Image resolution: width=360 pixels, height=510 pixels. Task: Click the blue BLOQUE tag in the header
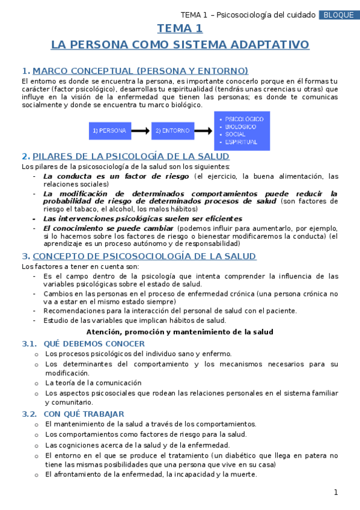click(338, 15)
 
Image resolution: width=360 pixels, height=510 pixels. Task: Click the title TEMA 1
click(180, 28)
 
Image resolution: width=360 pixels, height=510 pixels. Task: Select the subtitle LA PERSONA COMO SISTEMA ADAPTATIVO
click(180, 45)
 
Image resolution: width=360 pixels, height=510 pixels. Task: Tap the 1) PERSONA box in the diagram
click(109, 130)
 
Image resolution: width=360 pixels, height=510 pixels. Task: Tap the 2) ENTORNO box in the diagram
click(172, 130)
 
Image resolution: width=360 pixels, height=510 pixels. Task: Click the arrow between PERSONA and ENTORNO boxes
click(140, 130)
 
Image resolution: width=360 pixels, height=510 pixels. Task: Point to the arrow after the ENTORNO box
click(204, 130)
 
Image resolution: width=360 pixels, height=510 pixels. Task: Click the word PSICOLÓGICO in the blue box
click(243, 119)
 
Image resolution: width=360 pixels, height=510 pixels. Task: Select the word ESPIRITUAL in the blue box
click(240, 143)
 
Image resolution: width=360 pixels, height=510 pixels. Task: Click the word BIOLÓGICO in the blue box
click(241, 127)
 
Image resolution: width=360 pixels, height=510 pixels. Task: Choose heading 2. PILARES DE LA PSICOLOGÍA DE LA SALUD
click(125, 156)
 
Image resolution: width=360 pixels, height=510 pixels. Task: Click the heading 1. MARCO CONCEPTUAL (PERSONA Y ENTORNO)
click(135, 70)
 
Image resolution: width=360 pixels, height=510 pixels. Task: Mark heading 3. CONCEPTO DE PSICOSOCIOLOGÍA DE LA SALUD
click(139, 256)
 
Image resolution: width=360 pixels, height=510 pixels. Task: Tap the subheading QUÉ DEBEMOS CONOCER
click(94, 343)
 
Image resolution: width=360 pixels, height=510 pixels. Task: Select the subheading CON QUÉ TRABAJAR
click(84, 414)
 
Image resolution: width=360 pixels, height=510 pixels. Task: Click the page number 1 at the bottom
click(336, 493)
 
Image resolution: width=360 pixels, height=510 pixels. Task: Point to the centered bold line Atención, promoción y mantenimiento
click(180, 332)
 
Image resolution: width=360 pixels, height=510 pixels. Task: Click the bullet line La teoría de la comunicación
click(93, 382)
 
